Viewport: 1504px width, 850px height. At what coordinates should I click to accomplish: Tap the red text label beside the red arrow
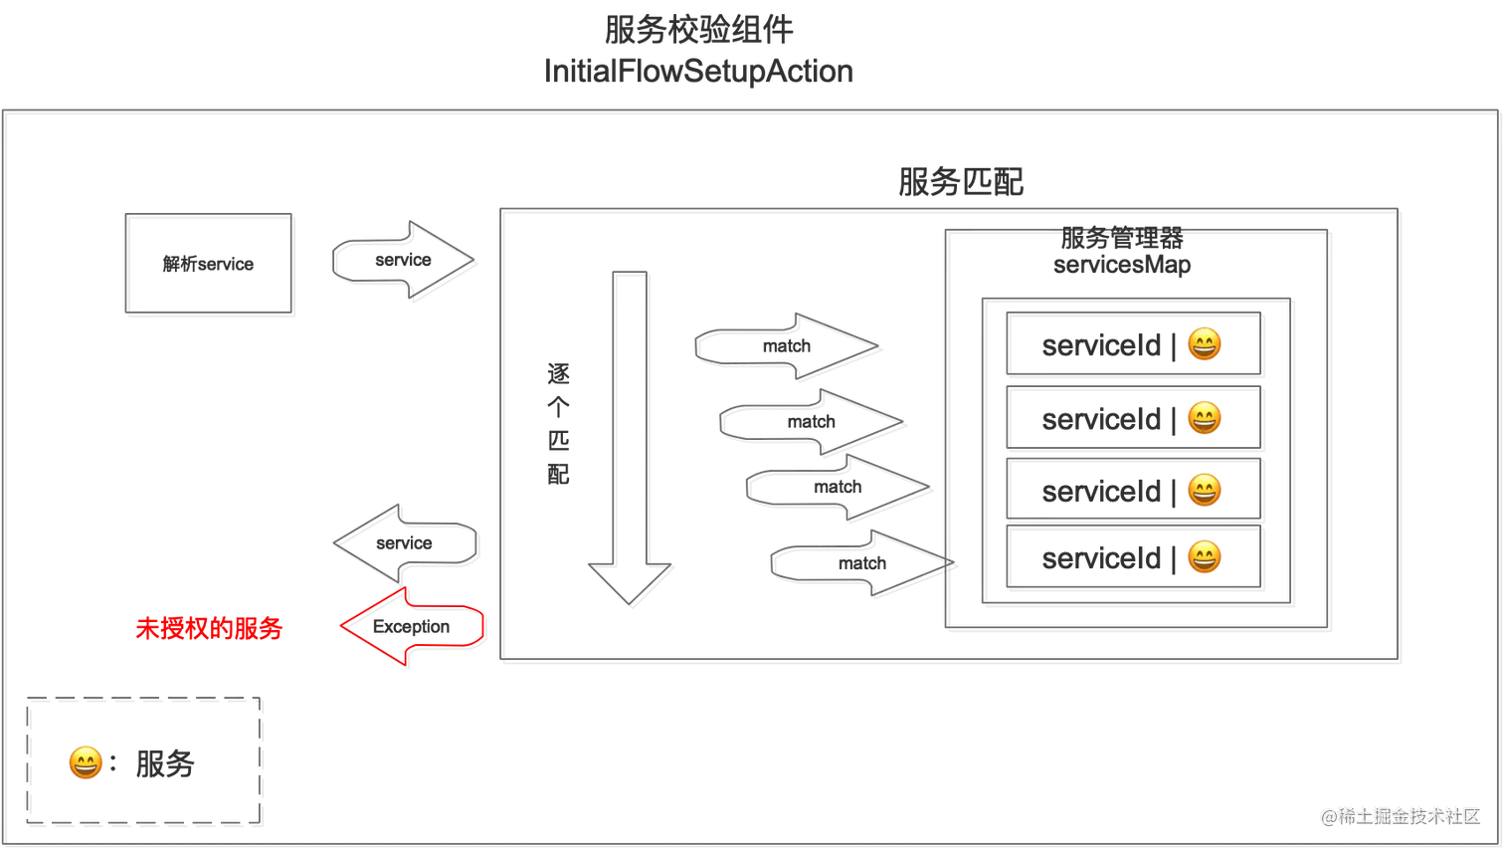coord(210,629)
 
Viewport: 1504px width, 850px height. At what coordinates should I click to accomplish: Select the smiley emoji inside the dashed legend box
coord(85,762)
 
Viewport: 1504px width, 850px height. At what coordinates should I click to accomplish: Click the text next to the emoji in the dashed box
coord(166,764)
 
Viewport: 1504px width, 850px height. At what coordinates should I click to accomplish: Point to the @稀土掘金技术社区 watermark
coord(1400,815)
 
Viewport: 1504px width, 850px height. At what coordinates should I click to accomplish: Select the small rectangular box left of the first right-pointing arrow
coord(207,263)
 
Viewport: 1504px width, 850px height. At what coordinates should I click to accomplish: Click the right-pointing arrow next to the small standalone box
coord(402,259)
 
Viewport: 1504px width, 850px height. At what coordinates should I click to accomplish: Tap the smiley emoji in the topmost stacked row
coord(1204,344)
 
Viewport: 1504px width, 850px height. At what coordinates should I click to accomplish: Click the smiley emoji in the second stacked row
coord(1204,418)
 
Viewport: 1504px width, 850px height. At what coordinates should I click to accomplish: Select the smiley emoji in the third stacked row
coord(1204,490)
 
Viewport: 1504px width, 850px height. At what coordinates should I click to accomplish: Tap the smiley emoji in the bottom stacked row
coord(1204,558)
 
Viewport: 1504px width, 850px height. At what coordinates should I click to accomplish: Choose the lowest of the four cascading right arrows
coord(859,564)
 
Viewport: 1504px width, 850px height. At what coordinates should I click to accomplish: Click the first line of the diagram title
coord(696,30)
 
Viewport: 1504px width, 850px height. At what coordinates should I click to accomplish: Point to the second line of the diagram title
coord(699,73)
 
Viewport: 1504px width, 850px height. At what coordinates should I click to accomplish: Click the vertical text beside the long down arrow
coord(558,424)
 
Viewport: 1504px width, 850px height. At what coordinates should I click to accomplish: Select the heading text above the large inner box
coord(958,181)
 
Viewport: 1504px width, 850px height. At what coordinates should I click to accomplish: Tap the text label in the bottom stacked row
coord(1103,559)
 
